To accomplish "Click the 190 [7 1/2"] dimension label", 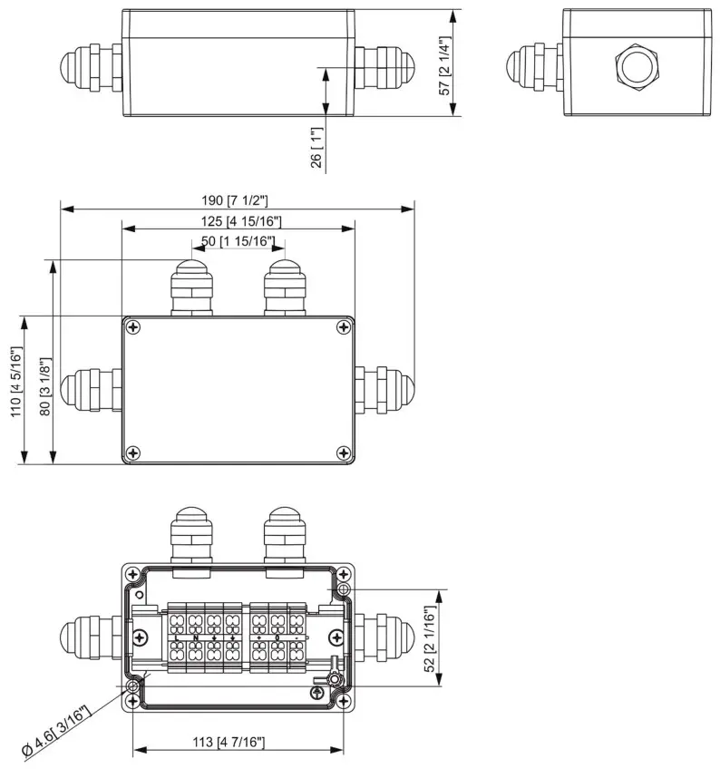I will pyautogui.click(x=238, y=199).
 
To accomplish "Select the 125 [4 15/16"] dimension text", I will pyautogui.click(x=238, y=221).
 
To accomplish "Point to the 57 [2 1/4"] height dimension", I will pyautogui.click(x=445, y=64).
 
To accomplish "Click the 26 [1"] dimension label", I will pyautogui.click(x=315, y=147).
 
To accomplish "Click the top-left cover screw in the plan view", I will pyautogui.click(x=133, y=327).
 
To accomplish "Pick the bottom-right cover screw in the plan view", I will pyautogui.click(x=342, y=452).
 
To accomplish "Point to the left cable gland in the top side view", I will pyautogui.click(x=89, y=65).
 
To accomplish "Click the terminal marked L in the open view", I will pyautogui.click(x=176, y=637).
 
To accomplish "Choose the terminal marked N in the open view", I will pyautogui.click(x=195, y=637).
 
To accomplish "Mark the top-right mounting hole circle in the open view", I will pyautogui.click(x=343, y=589).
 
